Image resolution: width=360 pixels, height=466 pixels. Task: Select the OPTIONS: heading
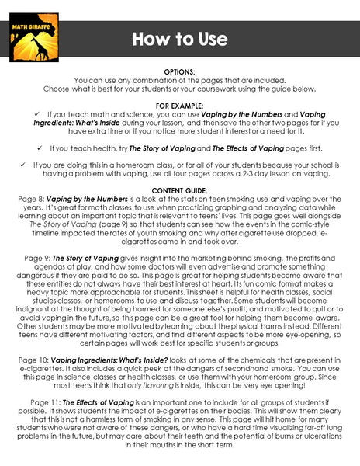pyautogui.click(x=180, y=71)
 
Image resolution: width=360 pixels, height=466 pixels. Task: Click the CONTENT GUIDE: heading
pyautogui.click(x=180, y=190)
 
